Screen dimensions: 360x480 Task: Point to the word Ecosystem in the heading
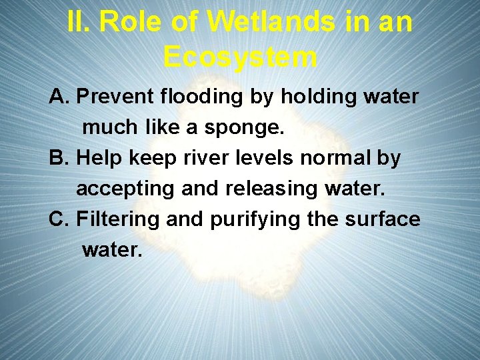coord(240,57)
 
